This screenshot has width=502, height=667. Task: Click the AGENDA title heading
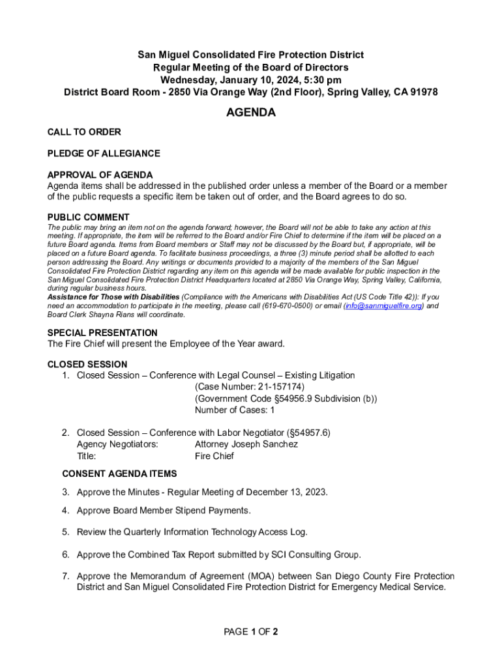[x=250, y=113]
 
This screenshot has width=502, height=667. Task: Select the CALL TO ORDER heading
[x=84, y=132]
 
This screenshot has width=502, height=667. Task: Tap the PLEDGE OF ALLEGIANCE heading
[x=104, y=154]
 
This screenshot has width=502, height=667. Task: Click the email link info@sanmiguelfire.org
[x=383, y=305]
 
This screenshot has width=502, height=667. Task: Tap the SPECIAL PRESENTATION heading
[x=102, y=333]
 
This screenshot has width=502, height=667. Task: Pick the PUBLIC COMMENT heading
[x=89, y=218]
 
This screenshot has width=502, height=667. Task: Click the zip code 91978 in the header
[x=423, y=92]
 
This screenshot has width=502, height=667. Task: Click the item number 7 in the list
[x=66, y=576]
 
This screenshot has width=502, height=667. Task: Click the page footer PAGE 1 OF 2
[x=251, y=632]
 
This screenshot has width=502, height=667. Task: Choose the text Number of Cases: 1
[x=235, y=410]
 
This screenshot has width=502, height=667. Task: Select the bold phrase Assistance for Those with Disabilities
[x=113, y=296]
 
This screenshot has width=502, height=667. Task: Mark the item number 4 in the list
[x=66, y=511]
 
